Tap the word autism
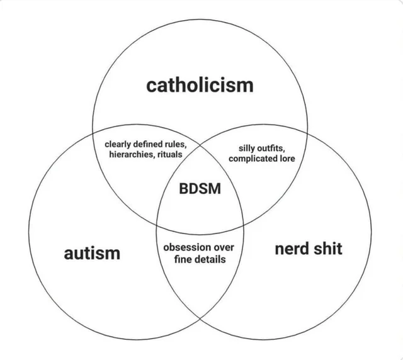click(x=92, y=253)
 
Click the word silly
click(x=248, y=149)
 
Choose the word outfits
click(x=273, y=149)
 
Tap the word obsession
click(x=185, y=247)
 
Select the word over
click(x=224, y=247)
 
